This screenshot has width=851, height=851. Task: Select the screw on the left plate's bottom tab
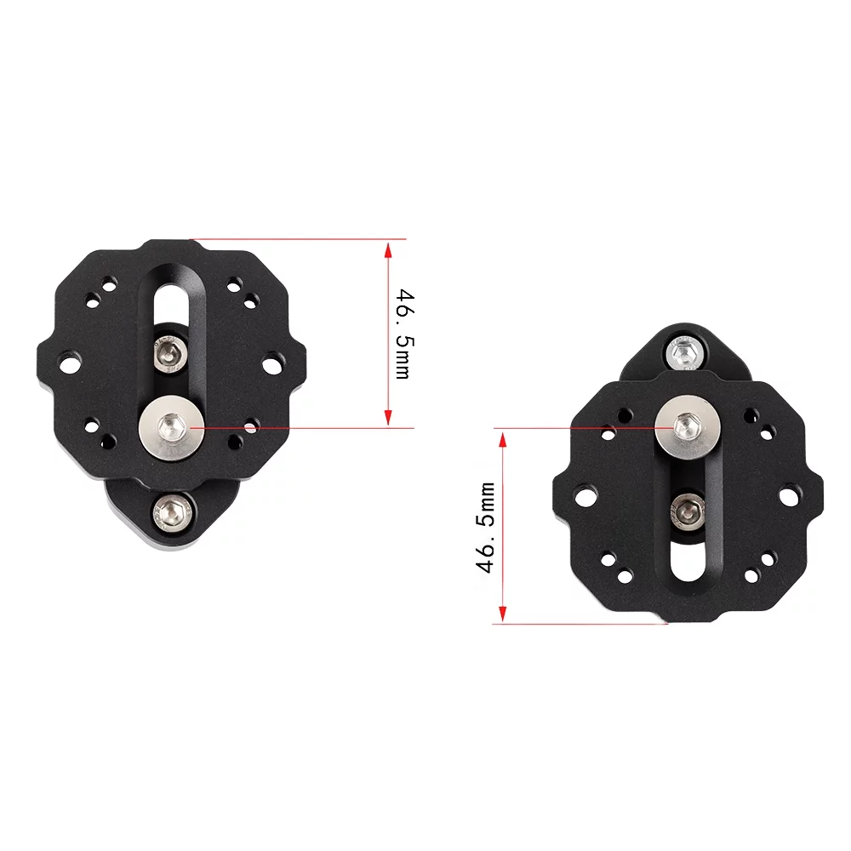click(x=173, y=511)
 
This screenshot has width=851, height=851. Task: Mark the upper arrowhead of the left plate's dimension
click(x=388, y=249)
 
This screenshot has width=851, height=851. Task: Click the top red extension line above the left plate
click(x=298, y=239)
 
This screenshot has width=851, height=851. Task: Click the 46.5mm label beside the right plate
click(x=486, y=528)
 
